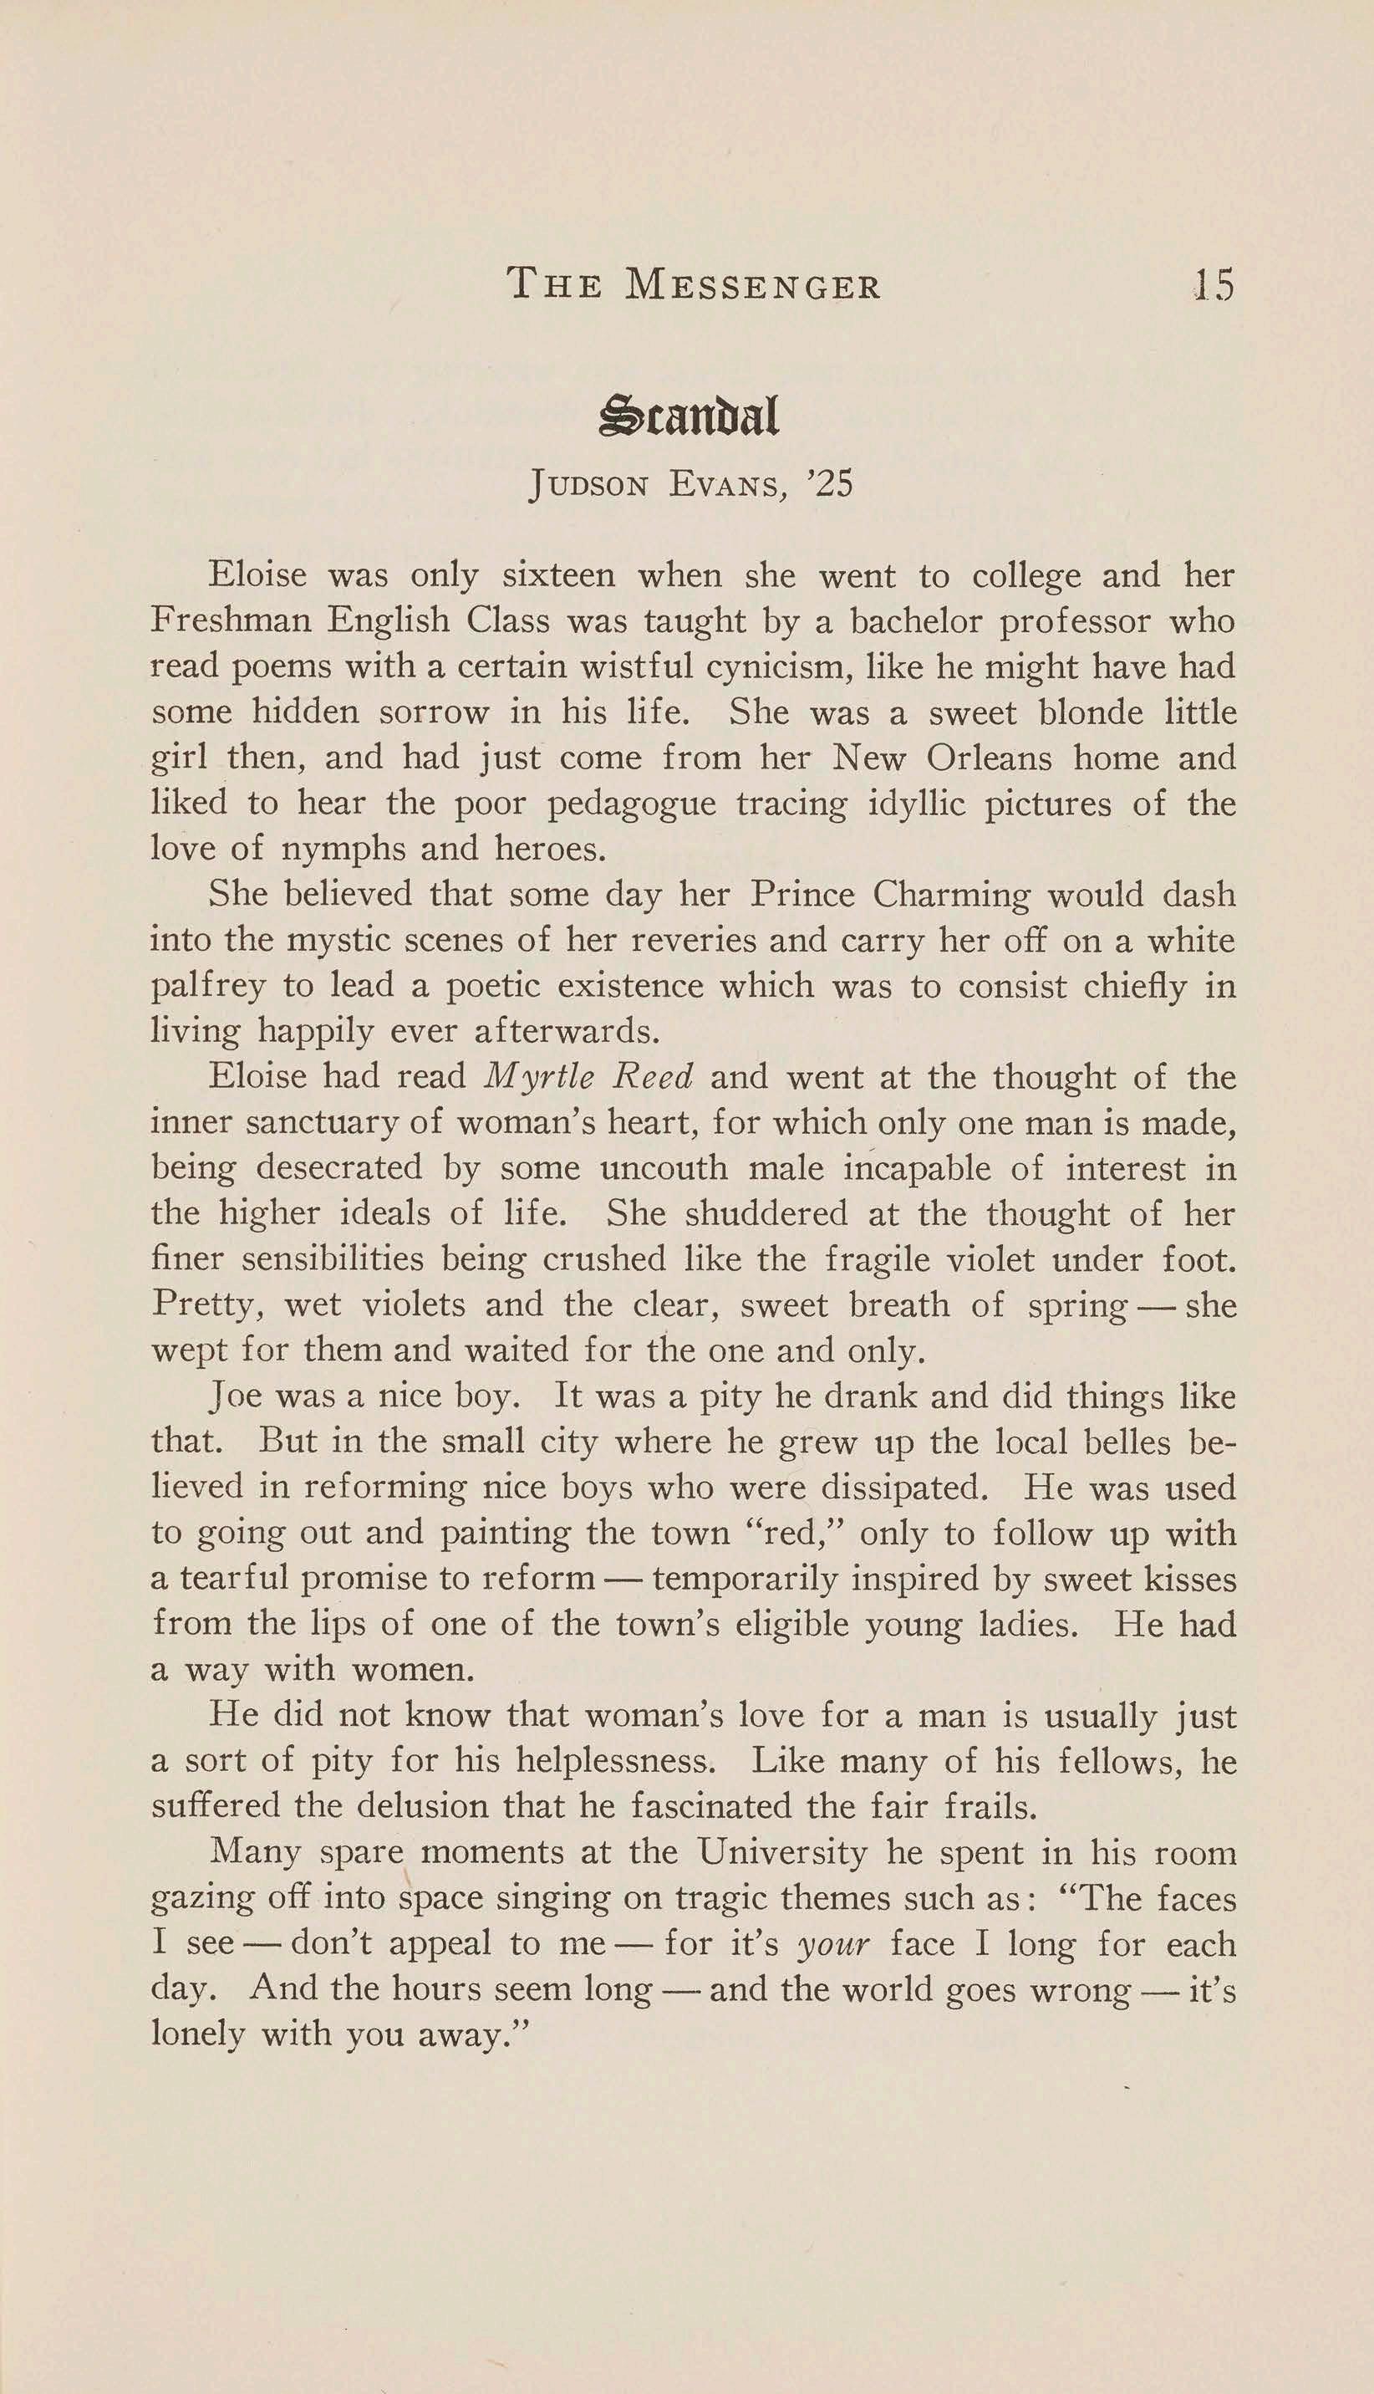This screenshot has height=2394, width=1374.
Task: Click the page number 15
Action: point(1214,284)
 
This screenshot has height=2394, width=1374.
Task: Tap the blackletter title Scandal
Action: point(688,417)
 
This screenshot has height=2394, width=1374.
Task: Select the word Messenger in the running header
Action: point(753,284)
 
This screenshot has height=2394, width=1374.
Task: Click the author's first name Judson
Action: point(589,485)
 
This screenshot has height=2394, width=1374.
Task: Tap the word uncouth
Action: point(664,1169)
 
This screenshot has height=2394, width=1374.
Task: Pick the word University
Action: point(781,1852)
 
